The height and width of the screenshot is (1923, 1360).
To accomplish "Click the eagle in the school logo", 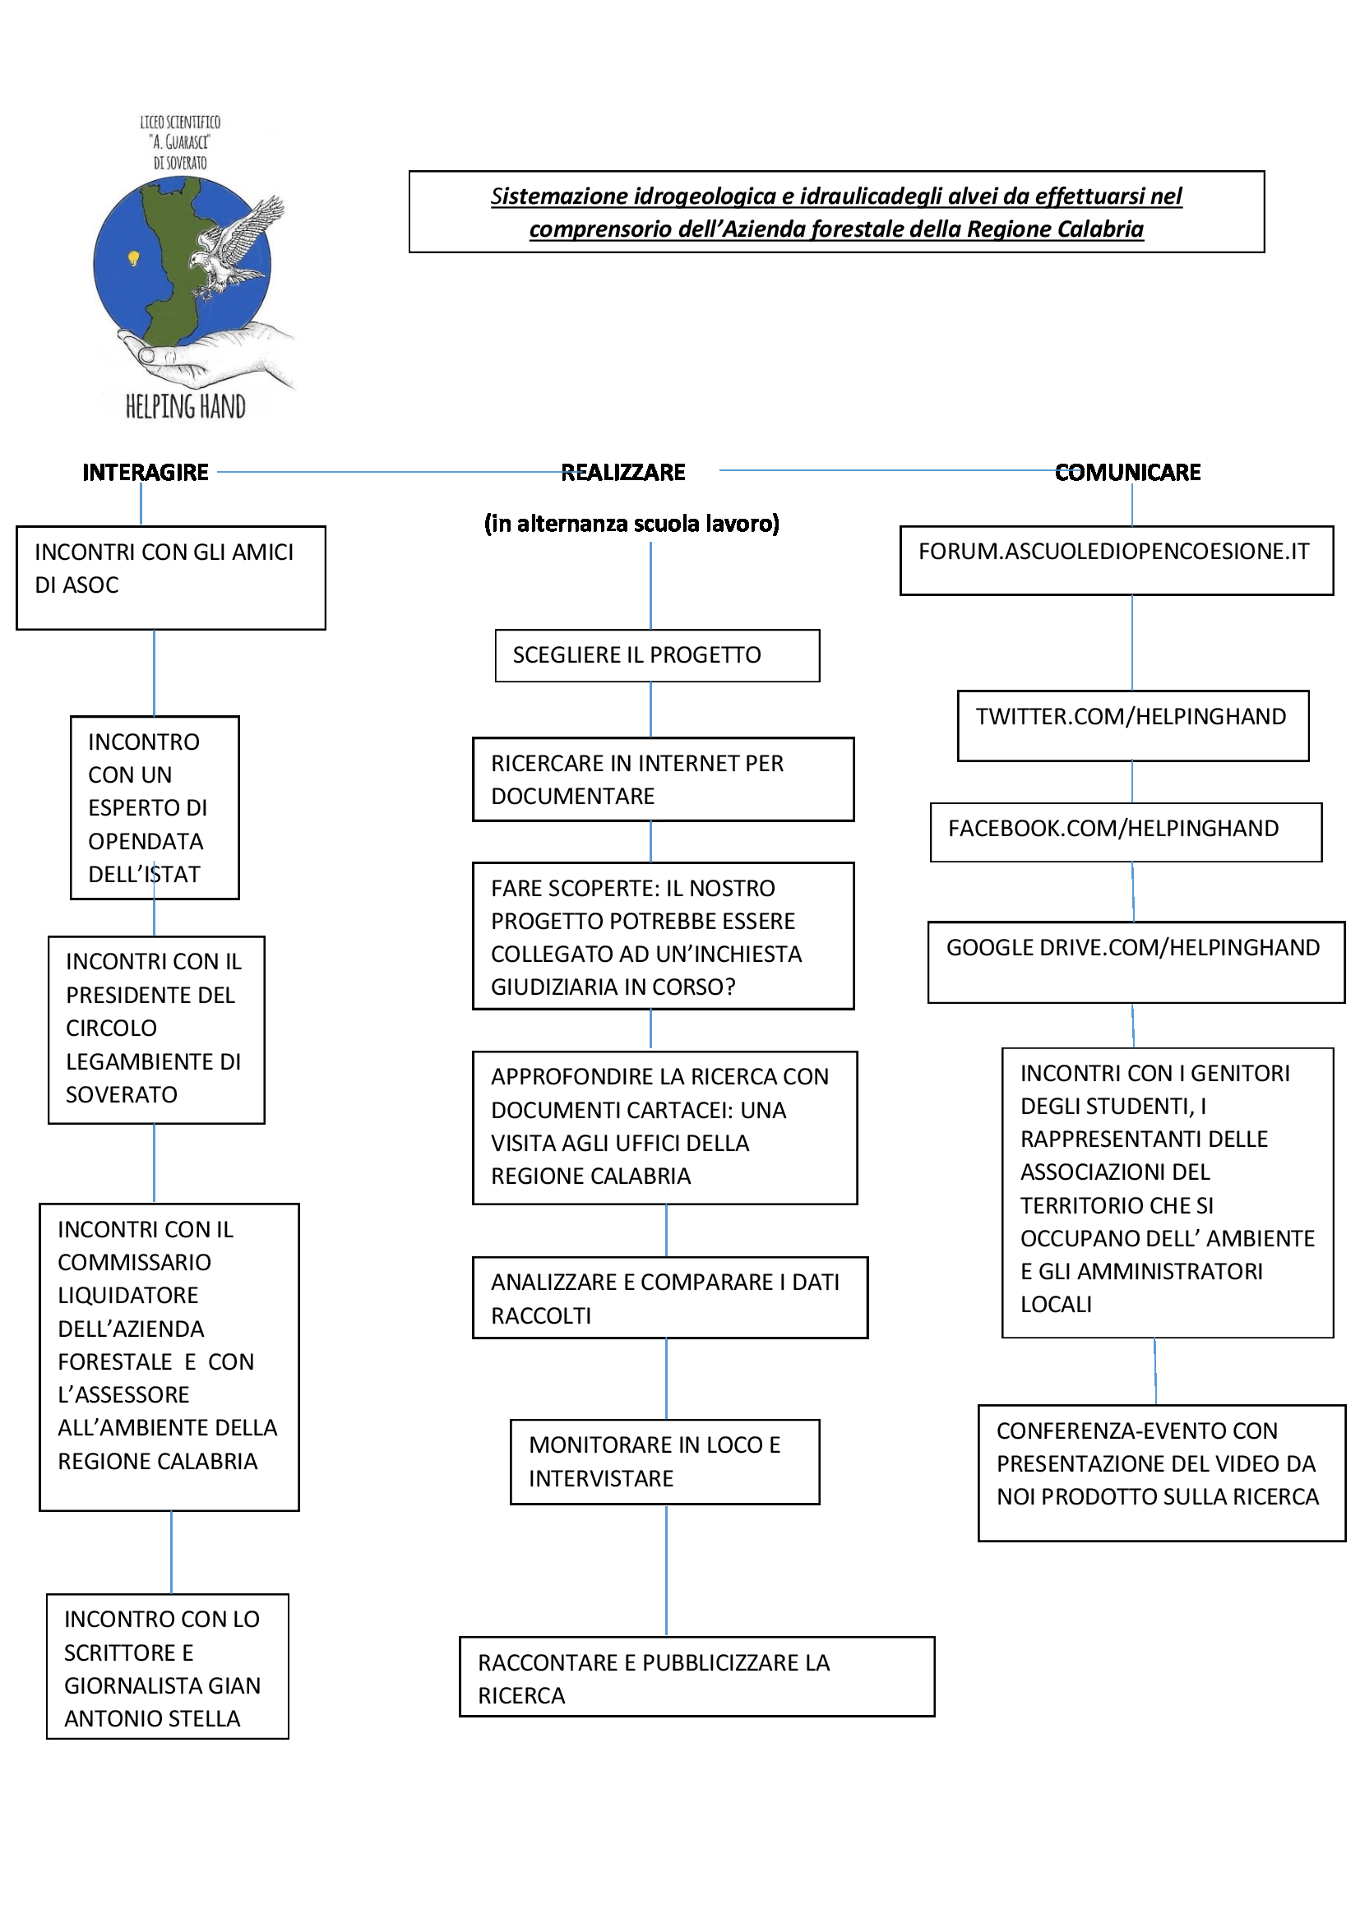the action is click(x=237, y=247).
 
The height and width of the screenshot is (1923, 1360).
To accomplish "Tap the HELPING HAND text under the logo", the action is click(x=185, y=407).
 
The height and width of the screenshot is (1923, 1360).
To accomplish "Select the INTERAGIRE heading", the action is click(x=146, y=473).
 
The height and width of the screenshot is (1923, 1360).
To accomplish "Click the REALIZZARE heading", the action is click(x=623, y=473).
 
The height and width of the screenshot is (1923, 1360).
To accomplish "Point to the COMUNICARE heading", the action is click(x=1127, y=473).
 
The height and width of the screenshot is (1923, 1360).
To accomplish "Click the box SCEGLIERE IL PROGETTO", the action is click(x=658, y=656).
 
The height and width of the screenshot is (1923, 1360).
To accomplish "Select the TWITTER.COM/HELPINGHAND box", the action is click(x=1133, y=726).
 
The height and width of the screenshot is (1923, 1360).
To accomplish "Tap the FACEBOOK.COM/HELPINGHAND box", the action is click(x=1126, y=833).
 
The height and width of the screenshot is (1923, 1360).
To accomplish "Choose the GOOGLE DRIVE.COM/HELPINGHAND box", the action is click(x=1136, y=963).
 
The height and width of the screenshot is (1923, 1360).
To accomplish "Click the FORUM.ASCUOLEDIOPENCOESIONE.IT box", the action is click(x=1117, y=561).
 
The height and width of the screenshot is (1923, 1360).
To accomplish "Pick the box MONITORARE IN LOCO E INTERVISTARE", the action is click(x=665, y=1462).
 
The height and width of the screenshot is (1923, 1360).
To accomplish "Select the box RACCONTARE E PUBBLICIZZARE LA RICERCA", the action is click(x=696, y=1676).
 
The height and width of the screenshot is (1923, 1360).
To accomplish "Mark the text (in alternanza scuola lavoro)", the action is click(x=631, y=524).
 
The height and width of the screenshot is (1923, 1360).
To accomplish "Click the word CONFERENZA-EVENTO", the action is click(x=1137, y=1431).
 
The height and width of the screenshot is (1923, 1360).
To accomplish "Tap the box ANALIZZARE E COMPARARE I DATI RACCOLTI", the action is click(x=670, y=1297).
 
